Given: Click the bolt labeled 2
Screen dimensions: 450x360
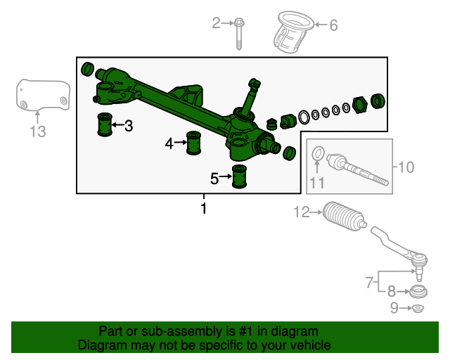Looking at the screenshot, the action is point(239,34).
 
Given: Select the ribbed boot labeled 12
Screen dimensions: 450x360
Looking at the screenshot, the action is point(345,217).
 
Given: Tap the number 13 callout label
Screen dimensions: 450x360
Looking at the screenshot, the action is point(38,131).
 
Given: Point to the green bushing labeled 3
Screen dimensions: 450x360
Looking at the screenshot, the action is point(105,124).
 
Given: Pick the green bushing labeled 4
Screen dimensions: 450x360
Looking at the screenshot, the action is point(194,143).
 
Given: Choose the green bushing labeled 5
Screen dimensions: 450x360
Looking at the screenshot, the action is point(239,176).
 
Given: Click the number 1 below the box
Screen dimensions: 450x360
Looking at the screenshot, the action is point(204,208).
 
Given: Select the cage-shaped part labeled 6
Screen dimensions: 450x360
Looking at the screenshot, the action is point(292,32).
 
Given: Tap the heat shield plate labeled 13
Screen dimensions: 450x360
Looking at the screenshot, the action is point(43,95).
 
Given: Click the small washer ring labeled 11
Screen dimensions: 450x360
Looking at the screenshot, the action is point(319,153).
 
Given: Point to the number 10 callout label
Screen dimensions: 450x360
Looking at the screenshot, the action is point(406,167).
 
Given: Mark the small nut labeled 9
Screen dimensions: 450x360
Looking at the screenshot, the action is point(418,309).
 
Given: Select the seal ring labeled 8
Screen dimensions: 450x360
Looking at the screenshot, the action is point(418,292).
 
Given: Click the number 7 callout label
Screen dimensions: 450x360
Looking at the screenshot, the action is point(369,283).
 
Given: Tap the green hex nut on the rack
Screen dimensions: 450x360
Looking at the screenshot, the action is point(360,105).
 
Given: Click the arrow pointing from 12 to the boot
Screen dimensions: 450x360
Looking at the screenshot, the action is point(316,212).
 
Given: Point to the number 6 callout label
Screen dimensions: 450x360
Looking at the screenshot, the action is point(333,25).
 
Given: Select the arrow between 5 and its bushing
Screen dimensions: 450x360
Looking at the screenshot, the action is point(226,176).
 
